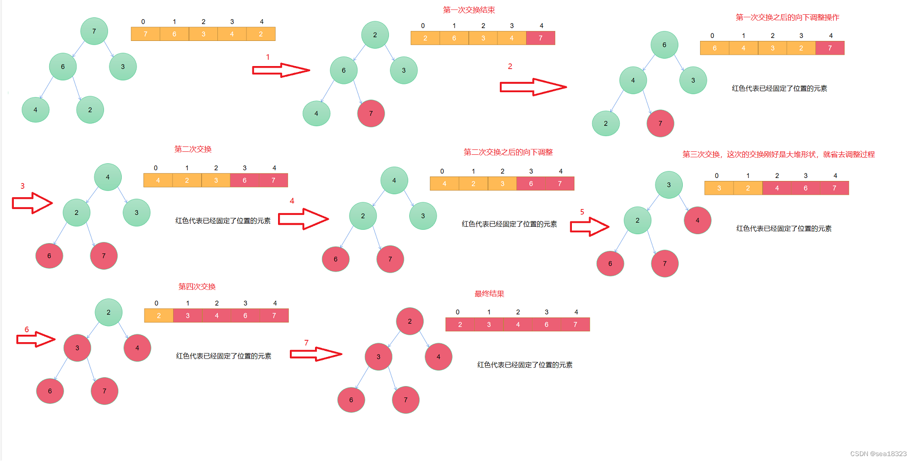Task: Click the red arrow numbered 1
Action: (x=281, y=70)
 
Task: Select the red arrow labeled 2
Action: (x=532, y=87)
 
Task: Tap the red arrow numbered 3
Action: (x=32, y=203)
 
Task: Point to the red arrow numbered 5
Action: (x=589, y=227)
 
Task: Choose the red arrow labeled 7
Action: (x=316, y=354)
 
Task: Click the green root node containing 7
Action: (x=94, y=31)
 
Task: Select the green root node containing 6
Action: (x=664, y=45)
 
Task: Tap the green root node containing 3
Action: (x=668, y=185)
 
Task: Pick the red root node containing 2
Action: (x=410, y=321)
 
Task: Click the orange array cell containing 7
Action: (x=145, y=34)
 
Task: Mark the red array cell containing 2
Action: (x=460, y=324)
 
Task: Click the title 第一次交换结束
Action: (x=469, y=10)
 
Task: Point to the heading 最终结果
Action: (x=489, y=294)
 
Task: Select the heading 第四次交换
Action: (x=197, y=286)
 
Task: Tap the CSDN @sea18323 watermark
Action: (x=878, y=454)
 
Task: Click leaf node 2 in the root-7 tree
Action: (x=90, y=110)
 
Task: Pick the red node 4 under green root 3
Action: (x=697, y=220)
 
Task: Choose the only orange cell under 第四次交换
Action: (x=159, y=316)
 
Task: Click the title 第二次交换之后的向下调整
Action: (x=508, y=152)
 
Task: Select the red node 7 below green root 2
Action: (x=371, y=113)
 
